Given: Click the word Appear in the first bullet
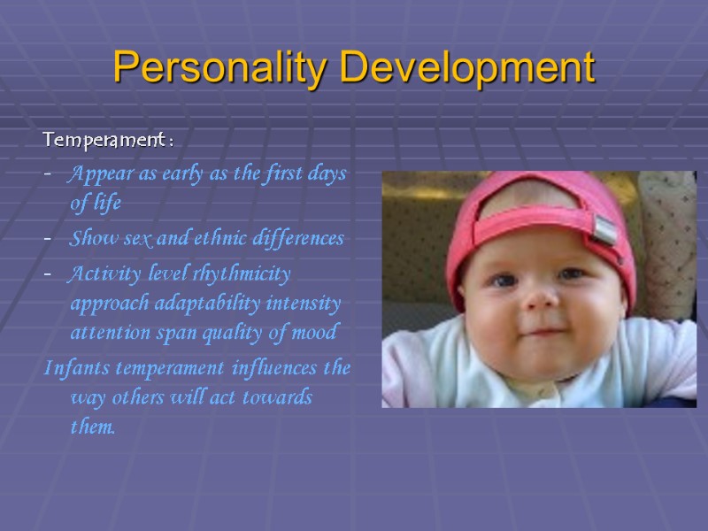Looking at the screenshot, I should click(96, 173).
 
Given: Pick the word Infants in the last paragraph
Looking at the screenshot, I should click(73, 366).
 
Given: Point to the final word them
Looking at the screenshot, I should click(92, 427).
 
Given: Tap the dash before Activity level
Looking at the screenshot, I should click(48, 273).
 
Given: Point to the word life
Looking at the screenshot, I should click(106, 204).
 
